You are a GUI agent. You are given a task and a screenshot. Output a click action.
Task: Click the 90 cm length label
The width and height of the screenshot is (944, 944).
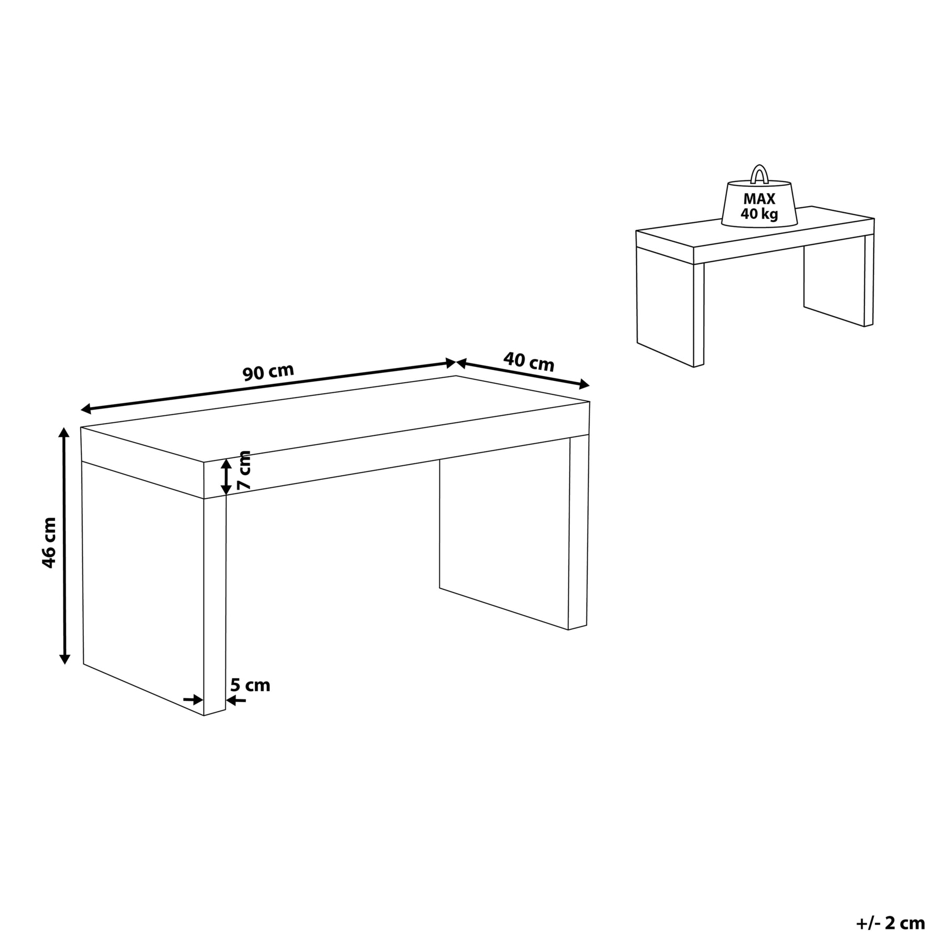(268, 372)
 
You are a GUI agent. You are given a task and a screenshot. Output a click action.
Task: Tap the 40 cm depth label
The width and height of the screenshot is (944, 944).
(529, 362)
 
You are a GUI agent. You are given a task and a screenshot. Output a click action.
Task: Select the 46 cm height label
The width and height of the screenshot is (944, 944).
(49, 542)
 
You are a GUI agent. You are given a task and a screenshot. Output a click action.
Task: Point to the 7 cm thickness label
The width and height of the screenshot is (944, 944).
(244, 470)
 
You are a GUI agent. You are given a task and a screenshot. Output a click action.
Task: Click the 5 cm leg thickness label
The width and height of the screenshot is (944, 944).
(250, 685)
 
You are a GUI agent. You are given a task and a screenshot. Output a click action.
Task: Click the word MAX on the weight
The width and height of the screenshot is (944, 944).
(758, 199)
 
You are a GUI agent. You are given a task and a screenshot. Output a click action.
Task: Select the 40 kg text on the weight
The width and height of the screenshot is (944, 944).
(759, 214)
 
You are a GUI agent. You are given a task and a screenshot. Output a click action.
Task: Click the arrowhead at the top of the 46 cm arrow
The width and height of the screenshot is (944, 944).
(64, 433)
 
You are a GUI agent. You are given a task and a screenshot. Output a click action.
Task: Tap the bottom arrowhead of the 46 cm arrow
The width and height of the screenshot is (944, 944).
(65, 659)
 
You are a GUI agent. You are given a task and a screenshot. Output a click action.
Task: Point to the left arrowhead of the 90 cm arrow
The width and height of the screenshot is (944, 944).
(87, 410)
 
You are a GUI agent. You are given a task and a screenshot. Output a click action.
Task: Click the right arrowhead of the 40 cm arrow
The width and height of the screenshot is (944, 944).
(583, 385)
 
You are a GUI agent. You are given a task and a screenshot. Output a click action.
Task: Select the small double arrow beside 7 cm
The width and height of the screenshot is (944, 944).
(226, 477)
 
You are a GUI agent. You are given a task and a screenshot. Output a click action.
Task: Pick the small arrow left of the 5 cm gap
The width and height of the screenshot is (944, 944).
(193, 700)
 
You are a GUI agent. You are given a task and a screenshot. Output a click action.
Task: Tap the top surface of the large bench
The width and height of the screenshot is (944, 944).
(336, 419)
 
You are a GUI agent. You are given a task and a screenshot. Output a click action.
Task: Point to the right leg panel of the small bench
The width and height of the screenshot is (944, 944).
(834, 282)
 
